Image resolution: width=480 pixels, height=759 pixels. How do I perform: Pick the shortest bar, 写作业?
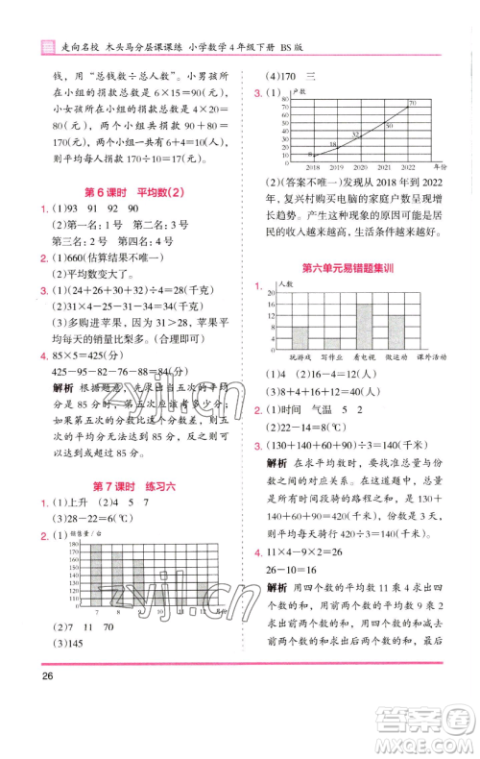point(332,342)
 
